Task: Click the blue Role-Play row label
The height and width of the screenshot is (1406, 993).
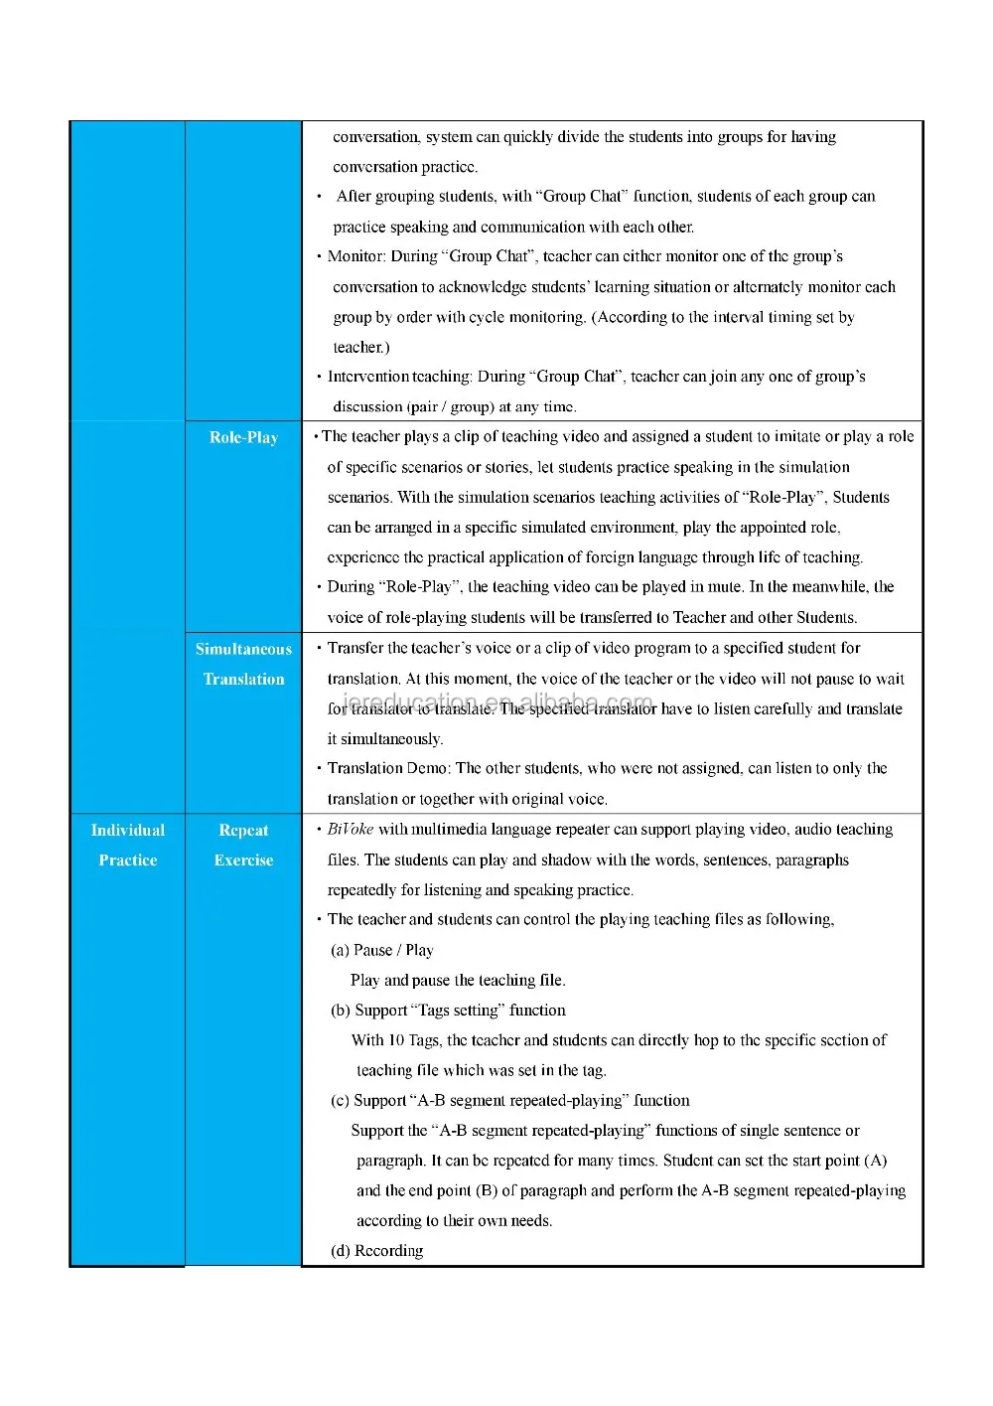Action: (x=243, y=437)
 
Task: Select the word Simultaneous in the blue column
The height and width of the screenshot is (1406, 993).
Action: (x=243, y=649)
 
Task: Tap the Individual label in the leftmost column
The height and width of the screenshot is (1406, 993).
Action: (x=128, y=830)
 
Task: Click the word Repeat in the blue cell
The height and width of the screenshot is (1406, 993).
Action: (x=243, y=830)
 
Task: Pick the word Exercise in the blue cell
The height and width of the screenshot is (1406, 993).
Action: (x=243, y=859)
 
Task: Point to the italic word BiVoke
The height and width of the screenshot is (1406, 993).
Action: (x=351, y=829)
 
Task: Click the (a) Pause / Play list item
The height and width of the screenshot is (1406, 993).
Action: (x=382, y=950)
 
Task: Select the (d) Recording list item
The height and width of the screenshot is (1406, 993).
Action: (x=377, y=1250)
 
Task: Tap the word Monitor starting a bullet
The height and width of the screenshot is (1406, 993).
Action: (x=356, y=256)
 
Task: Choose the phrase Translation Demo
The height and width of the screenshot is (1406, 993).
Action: (x=387, y=768)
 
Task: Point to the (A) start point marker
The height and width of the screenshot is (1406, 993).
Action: (x=876, y=1160)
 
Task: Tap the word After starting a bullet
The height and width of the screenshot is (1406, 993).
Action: (x=354, y=196)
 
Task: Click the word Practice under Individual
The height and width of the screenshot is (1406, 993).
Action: (x=128, y=859)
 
